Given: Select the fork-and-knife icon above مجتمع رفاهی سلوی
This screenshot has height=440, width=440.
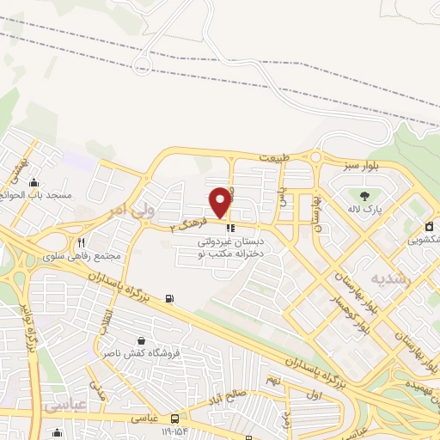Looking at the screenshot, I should tap(82, 242).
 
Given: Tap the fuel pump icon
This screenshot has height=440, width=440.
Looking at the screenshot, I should tap(168, 299).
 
